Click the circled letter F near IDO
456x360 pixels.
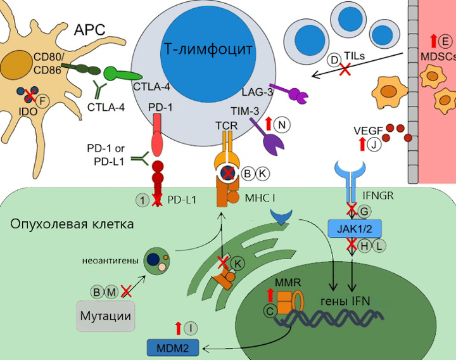point(43,101)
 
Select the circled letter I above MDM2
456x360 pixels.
point(192,328)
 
